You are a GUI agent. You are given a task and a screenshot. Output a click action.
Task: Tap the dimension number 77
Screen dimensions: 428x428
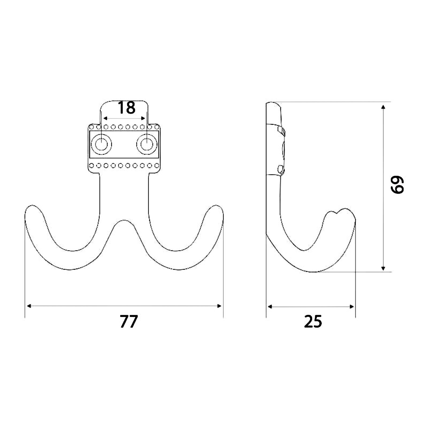pos(129,322)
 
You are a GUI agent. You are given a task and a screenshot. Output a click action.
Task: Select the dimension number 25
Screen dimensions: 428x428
pos(313,322)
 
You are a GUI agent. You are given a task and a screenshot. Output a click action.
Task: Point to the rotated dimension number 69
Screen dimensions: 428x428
pos(397,185)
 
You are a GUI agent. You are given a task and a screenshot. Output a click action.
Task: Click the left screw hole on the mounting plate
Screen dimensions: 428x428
pos(101,144)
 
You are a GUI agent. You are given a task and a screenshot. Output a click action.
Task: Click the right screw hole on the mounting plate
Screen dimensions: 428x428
pos(147,144)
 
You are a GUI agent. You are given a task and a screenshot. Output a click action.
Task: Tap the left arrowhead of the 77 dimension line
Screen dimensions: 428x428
pos(29,306)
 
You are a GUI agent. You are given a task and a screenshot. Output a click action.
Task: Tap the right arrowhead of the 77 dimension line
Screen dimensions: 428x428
pos(219,306)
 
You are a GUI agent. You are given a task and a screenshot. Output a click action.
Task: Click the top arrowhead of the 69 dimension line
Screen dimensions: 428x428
pos(383,107)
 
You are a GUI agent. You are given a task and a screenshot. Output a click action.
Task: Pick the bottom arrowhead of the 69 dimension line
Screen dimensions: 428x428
pos(383,268)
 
